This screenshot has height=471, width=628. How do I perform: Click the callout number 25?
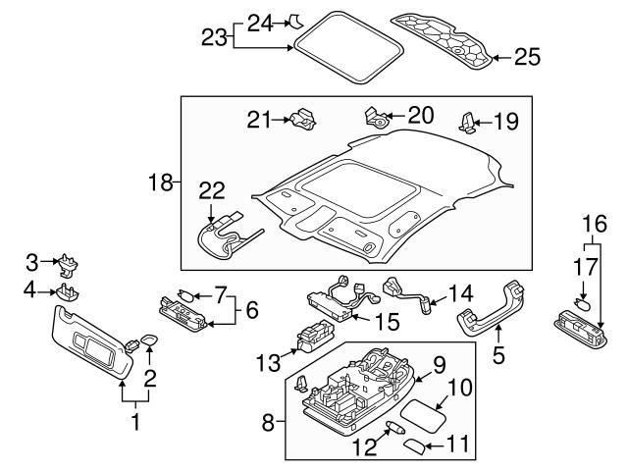pos(527,58)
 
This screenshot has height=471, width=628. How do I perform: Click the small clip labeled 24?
pos(294,21)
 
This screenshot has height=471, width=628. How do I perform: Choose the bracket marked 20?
pos(375,117)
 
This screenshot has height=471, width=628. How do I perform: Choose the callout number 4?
pos(31,289)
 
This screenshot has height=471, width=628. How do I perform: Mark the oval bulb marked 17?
pos(580,304)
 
